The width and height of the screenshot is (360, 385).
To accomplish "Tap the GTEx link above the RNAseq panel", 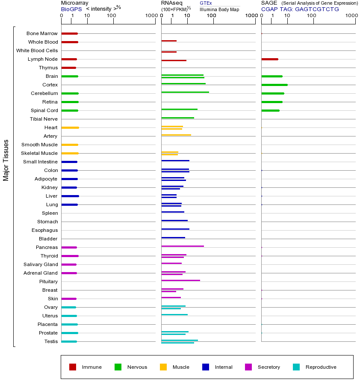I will pyautogui.click(x=206, y=3).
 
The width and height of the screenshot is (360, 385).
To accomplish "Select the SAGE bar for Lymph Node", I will pyautogui.click(x=270, y=59).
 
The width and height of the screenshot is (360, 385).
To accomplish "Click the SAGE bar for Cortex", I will pyautogui.click(x=274, y=85).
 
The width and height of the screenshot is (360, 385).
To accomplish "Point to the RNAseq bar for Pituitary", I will pyautogui.click(x=180, y=280).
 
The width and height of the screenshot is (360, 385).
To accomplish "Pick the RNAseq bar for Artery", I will pyautogui.click(x=176, y=135).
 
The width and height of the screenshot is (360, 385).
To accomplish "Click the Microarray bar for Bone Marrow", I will pyautogui.click(x=69, y=33).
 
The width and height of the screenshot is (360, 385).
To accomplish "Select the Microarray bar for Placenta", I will pyautogui.click(x=69, y=324).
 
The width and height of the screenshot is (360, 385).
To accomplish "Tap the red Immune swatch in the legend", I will pyautogui.click(x=73, y=367).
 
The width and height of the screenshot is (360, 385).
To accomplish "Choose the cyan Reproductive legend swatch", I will pyautogui.click(x=296, y=367).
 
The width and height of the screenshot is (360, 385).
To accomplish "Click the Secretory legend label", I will pyautogui.click(x=269, y=367).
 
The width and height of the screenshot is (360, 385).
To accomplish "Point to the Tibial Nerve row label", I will pyautogui.click(x=44, y=119).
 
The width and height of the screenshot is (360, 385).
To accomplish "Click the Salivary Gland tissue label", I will pyautogui.click(x=41, y=264).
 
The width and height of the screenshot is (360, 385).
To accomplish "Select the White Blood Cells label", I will pyautogui.click(x=37, y=50).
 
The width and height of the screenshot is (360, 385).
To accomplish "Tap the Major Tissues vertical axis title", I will pyautogui.click(x=6, y=160).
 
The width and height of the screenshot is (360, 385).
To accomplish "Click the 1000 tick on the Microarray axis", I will pyautogui.click(x=151, y=16).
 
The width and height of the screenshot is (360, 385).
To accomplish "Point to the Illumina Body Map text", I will pyautogui.click(x=219, y=9).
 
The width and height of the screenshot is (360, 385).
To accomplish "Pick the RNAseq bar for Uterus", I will pyautogui.click(x=174, y=314).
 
